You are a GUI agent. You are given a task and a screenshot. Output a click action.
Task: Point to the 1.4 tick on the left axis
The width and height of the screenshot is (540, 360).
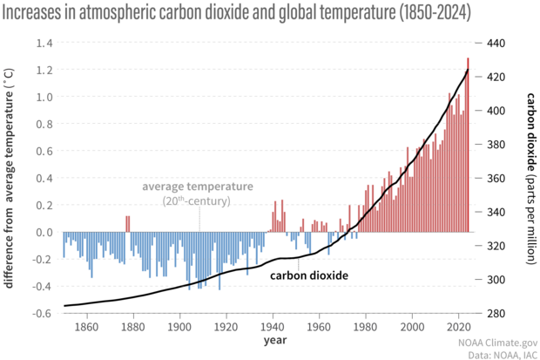44,43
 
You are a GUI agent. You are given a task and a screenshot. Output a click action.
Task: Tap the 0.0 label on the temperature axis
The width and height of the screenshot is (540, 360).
44,232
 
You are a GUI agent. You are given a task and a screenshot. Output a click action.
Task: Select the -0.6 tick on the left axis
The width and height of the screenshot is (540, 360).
41,313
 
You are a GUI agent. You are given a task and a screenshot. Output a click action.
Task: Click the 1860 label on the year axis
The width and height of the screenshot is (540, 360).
85,328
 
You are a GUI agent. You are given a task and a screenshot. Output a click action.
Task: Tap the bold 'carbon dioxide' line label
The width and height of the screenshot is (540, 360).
308,275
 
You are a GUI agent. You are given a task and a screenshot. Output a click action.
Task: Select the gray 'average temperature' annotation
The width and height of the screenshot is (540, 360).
198,187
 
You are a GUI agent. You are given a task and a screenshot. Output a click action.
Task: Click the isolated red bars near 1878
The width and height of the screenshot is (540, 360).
128,224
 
